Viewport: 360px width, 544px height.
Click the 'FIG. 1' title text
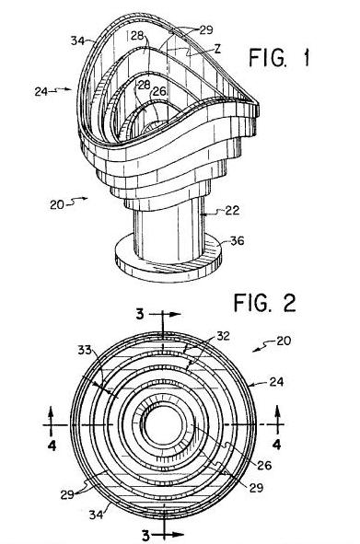pyautogui.click(x=279, y=58)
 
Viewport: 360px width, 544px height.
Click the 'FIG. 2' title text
pyautogui.click(x=264, y=303)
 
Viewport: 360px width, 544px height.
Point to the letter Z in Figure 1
pyautogui.click(x=217, y=49)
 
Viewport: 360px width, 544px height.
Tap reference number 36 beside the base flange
pyautogui.click(x=238, y=241)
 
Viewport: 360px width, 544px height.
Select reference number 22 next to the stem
pyautogui.click(x=232, y=210)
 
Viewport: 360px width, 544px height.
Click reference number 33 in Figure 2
pyautogui.click(x=85, y=350)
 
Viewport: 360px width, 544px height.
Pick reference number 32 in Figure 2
pyautogui.click(x=223, y=336)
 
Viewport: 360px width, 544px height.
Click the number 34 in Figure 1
pyautogui.click(x=77, y=41)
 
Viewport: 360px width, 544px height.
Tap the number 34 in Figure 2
pyautogui.click(x=96, y=515)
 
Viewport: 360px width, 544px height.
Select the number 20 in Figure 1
pyautogui.click(x=57, y=204)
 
